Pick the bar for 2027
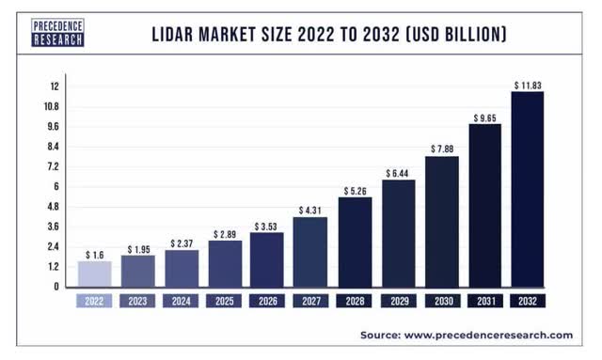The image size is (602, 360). [311, 251]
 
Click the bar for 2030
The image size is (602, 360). [442, 221]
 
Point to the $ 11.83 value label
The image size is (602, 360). [528, 86]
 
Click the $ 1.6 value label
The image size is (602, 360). [94, 255]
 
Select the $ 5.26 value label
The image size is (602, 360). [355, 191]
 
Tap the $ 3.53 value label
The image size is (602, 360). [268, 227]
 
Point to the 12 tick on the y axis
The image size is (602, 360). [55, 86]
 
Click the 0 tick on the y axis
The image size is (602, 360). [55, 286]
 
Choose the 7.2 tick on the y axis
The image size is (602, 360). [54, 166]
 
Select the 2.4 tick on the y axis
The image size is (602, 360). [54, 246]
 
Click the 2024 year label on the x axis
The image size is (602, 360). [181, 302]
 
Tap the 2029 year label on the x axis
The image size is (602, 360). [398, 302]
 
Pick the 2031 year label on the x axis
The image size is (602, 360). [485, 302]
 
